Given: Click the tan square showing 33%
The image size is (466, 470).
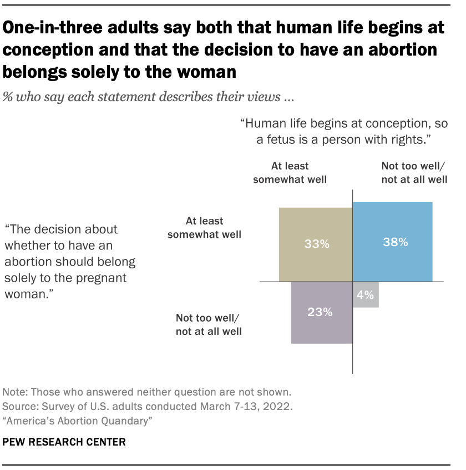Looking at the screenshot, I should point(315,244).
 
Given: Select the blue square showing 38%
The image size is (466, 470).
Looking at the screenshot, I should point(393,242).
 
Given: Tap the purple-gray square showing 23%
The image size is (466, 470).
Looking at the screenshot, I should point(322,313).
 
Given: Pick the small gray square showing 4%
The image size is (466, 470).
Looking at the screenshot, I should point(366,295).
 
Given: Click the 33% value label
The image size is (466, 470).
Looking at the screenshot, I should point(315,244).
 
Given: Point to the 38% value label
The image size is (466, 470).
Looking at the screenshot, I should point(396,242).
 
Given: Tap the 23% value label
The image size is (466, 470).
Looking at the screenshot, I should point(320,313).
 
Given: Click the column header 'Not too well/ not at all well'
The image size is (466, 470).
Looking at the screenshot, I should point(414,172).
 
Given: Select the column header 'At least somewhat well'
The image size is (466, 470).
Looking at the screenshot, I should point(290,172).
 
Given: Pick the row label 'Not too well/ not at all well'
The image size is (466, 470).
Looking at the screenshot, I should point(209,325).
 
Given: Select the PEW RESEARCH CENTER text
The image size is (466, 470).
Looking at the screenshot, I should point(64,442).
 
